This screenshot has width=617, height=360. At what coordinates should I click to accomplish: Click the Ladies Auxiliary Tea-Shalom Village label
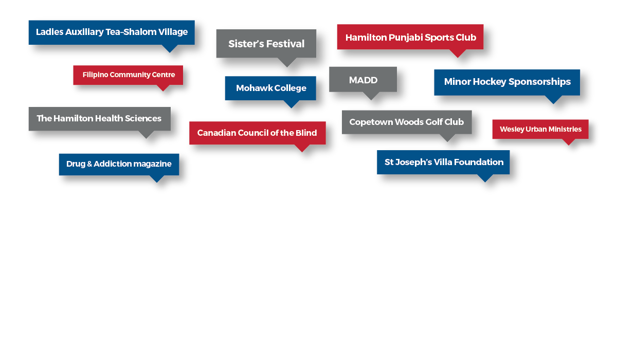112,32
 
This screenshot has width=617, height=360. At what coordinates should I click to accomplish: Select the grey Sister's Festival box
266,44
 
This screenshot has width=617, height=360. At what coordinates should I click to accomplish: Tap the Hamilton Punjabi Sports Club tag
410,37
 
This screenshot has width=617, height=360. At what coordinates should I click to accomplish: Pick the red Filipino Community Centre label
128,75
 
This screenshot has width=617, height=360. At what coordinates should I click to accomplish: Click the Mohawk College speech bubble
270,88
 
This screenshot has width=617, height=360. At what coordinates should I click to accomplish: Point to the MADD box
363,79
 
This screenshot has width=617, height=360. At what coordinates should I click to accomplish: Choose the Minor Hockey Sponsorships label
507,82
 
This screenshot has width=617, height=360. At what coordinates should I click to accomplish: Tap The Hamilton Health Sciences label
99,119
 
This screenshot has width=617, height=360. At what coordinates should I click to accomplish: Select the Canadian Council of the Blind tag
257,133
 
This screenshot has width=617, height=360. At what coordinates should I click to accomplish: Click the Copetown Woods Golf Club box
407,122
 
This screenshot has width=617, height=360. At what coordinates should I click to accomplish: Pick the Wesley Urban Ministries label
540,129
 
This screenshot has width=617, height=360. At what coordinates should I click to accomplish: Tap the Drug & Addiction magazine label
119,165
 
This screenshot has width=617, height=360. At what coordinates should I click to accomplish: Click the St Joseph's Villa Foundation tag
443,162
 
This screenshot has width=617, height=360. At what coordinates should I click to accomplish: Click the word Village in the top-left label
173,32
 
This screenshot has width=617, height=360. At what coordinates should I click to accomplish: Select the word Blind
306,133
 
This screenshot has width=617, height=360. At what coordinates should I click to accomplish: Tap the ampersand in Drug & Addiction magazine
89,164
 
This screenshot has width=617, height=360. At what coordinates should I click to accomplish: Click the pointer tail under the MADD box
371,96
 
